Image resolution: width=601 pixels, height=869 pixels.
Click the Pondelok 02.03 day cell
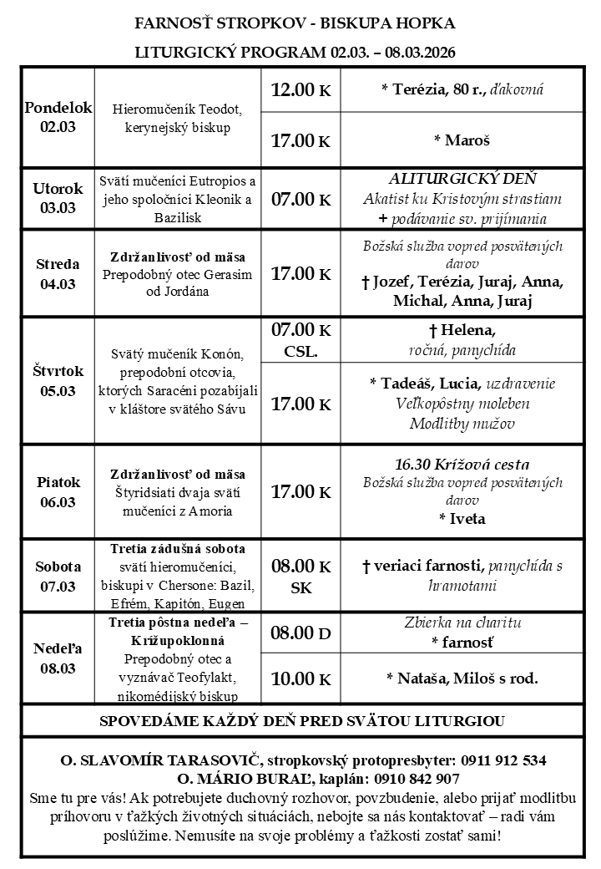58,118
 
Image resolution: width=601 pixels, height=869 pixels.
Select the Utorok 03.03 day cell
58,199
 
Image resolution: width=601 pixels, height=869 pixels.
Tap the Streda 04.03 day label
58,274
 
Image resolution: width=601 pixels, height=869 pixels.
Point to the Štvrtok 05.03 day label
58,381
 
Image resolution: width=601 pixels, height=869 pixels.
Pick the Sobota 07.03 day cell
58,575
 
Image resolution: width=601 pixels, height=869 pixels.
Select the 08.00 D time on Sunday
301,633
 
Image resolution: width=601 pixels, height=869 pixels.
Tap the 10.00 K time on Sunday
301,678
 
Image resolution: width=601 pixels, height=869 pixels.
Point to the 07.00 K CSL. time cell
301,339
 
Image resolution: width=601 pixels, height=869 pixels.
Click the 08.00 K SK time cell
301,576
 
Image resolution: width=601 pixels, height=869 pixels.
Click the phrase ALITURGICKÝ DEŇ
462,179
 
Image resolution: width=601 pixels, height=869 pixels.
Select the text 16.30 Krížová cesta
462,465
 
